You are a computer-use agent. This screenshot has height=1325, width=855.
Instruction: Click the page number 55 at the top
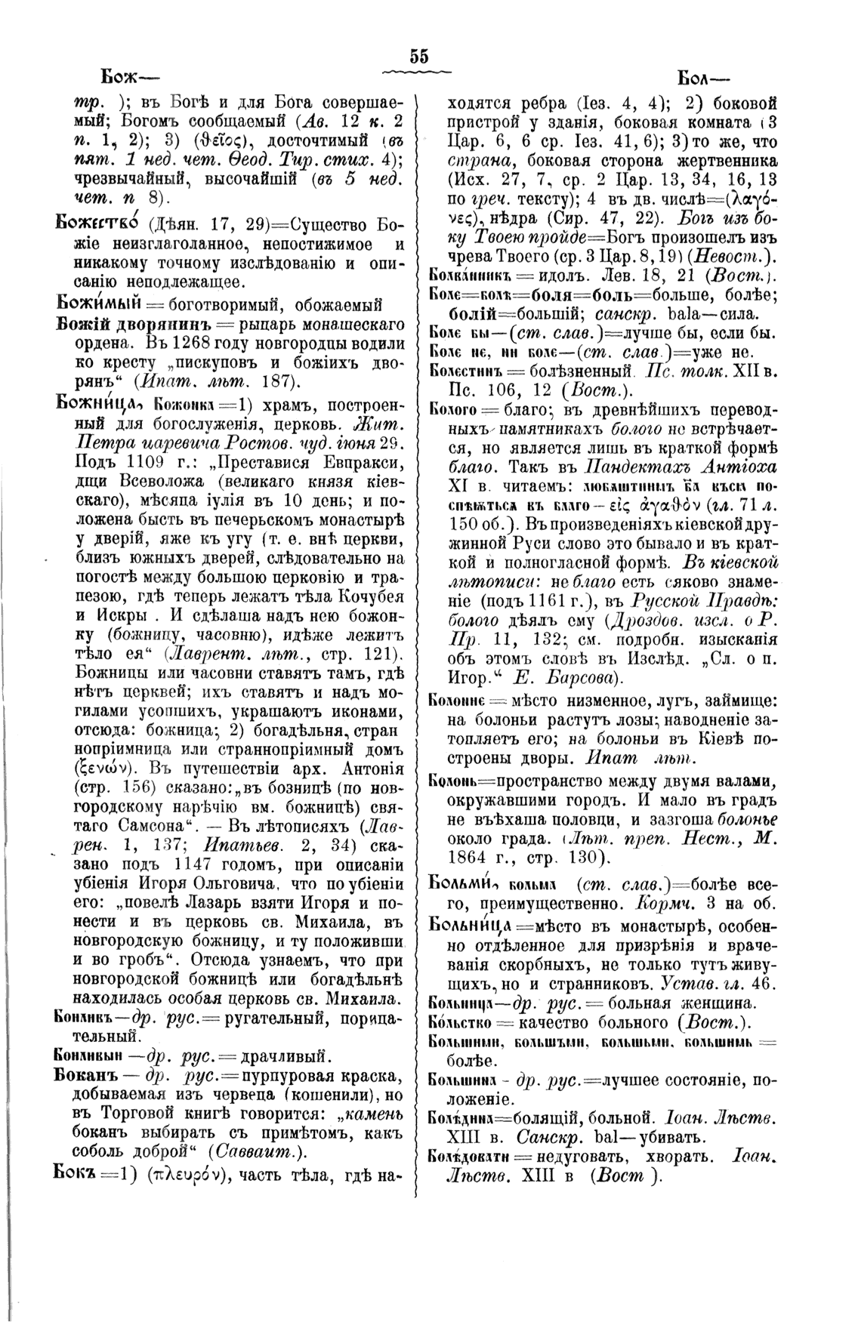418,56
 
